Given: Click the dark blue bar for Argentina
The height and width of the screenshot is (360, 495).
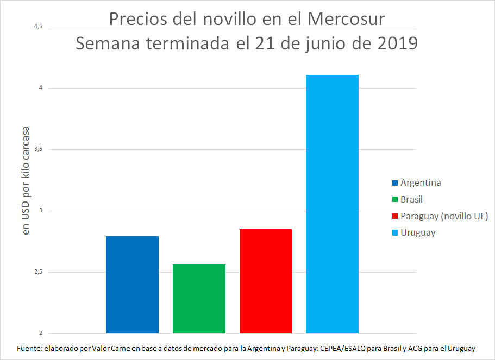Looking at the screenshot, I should (132, 285).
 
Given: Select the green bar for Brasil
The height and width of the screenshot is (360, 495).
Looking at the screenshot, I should (199, 299).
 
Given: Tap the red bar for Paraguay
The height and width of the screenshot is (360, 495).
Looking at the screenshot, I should (266, 281).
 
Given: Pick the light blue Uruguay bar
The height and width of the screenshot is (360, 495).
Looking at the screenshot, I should (332, 204).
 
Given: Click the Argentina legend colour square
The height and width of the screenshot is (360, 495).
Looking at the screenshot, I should (395, 182).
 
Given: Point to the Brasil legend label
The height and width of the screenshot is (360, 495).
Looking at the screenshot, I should (411, 199).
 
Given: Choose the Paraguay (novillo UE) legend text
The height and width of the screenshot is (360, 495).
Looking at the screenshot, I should (444, 216).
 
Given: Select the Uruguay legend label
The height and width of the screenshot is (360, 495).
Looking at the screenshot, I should (418, 232).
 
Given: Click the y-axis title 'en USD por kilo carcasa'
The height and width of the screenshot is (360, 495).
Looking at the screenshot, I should (25, 180).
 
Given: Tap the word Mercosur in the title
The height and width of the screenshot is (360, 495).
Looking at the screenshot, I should (346, 19).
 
